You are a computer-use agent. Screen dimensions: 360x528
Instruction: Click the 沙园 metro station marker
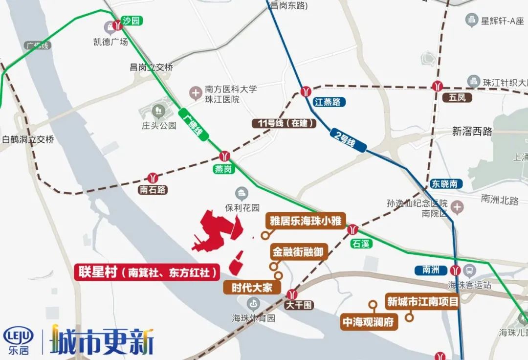click(118, 25)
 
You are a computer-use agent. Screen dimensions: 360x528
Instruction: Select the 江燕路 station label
click(328, 102)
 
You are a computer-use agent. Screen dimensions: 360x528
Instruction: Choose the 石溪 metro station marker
click(352, 229)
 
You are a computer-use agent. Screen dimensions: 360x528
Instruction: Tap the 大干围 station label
click(299, 305)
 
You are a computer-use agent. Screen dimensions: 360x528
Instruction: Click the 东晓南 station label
click(444, 184)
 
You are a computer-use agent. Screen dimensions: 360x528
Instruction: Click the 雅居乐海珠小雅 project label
click(307, 221)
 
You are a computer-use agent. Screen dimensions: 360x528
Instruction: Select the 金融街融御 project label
click(297, 252)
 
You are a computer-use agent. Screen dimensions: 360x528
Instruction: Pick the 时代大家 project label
click(252, 287)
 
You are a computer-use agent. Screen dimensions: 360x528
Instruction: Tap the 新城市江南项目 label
click(422, 302)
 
